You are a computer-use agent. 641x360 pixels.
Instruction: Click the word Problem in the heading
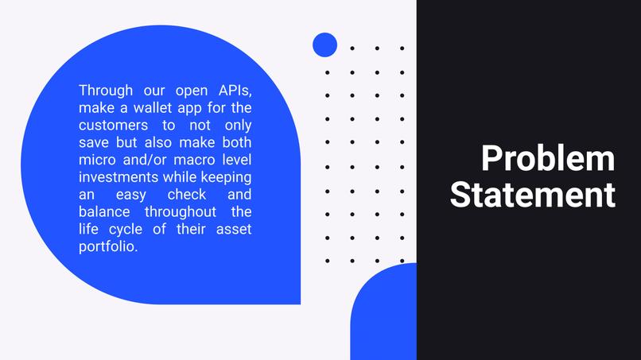(x=547, y=158)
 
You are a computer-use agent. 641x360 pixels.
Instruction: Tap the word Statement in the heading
(x=532, y=195)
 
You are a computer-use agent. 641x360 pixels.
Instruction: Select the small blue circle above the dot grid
(x=324, y=45)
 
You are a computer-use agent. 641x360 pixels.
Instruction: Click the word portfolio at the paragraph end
(x=108, y=247)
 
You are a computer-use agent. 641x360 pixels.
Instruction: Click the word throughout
(x=180, y=212)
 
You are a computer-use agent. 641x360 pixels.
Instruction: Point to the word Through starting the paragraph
(x=107, y=89)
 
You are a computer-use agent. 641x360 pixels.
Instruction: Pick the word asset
(x=235, y=230)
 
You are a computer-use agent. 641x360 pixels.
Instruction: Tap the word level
(x=235, y=160)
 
